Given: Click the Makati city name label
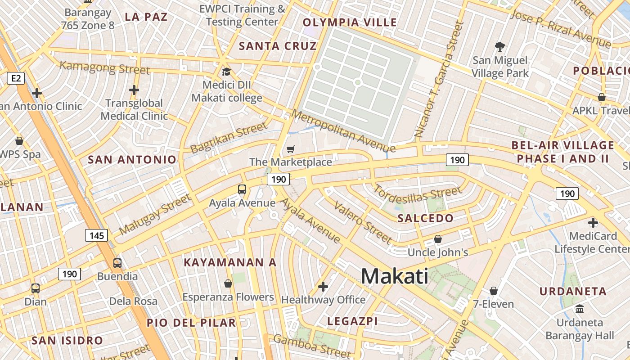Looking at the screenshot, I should click(x=395, y=275).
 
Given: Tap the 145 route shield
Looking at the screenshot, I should click(x=96, y=235).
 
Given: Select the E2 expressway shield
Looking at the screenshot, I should click(x=16, y=79).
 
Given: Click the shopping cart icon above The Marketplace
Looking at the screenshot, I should click(x=291, y=149).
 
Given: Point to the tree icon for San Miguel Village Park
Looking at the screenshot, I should click(x=499, y=46).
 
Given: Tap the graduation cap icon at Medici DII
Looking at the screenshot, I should click(x=226, y=72).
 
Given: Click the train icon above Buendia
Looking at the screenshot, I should click(x=117, y=263).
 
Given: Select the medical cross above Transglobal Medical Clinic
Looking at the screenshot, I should click(x=134, y=90).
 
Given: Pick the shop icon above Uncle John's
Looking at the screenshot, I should click(x=437, y=239).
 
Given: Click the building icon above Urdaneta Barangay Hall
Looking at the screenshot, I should click(x=580, y=309).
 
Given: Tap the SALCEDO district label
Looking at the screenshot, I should click(x=426, y=219).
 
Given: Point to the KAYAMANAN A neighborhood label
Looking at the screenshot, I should click(x=230, y=262).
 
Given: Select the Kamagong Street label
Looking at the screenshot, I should click(x=105, y=67).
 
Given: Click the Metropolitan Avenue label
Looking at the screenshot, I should click(x=343, y=131).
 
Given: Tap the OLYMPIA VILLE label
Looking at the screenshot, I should click(x=350, y=22).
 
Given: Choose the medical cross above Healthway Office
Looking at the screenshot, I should click(x=323, y=286).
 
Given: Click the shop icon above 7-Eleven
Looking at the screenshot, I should click(x=494, y=291).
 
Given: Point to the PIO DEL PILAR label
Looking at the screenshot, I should click(x=191, y=323).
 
